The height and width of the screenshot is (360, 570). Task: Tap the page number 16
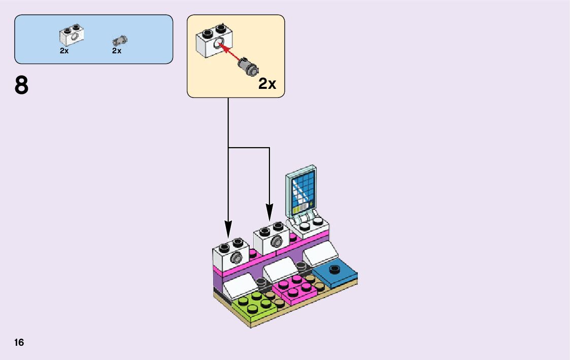pyautogui.click(x=19, y=342)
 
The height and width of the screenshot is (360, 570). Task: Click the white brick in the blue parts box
pyautogui.click(x=72, y=35)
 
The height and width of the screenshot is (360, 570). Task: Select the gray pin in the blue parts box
pyautogui.click(x=121, y=40)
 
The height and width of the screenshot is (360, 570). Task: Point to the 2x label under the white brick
pyautogui.click(x=64, y=51)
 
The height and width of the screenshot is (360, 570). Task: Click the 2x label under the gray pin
pyautogui.click(x=117, y=51)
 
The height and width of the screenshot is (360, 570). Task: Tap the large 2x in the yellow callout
pyautogui.click(x=267, y=84)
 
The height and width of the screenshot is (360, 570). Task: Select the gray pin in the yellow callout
pyautogui.click(x=248, y=67)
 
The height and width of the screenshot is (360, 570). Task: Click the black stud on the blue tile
pyautogui.click(x=333, y=269)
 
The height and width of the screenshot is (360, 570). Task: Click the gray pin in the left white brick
pyautogui.click(x=236, y=258)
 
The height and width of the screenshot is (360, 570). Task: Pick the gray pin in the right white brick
pyautogui.click(x=276, y=241)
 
